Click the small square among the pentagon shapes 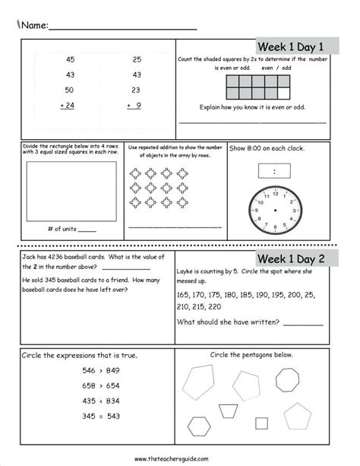pos(261,422)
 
